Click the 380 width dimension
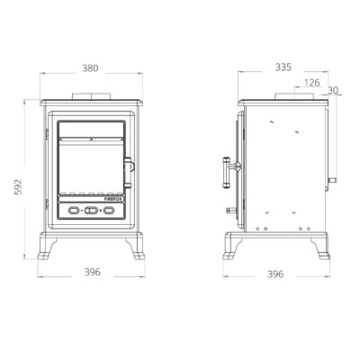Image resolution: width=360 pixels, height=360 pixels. [x=90, y=68]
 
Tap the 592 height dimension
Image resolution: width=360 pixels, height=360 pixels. [x=18, y=186]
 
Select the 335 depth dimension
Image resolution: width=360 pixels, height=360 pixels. [x=283, y=67]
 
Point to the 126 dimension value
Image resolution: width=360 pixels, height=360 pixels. [x=312, y=83]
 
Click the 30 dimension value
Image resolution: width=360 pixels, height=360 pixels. [x=333, y=90]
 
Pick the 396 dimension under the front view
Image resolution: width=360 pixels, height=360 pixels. [x=92, y=272]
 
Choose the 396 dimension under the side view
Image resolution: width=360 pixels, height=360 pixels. [x=275, y=274]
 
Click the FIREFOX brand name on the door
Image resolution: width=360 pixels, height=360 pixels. [x=113, y=199]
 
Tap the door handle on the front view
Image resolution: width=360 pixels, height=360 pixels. [x=129, y=173]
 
